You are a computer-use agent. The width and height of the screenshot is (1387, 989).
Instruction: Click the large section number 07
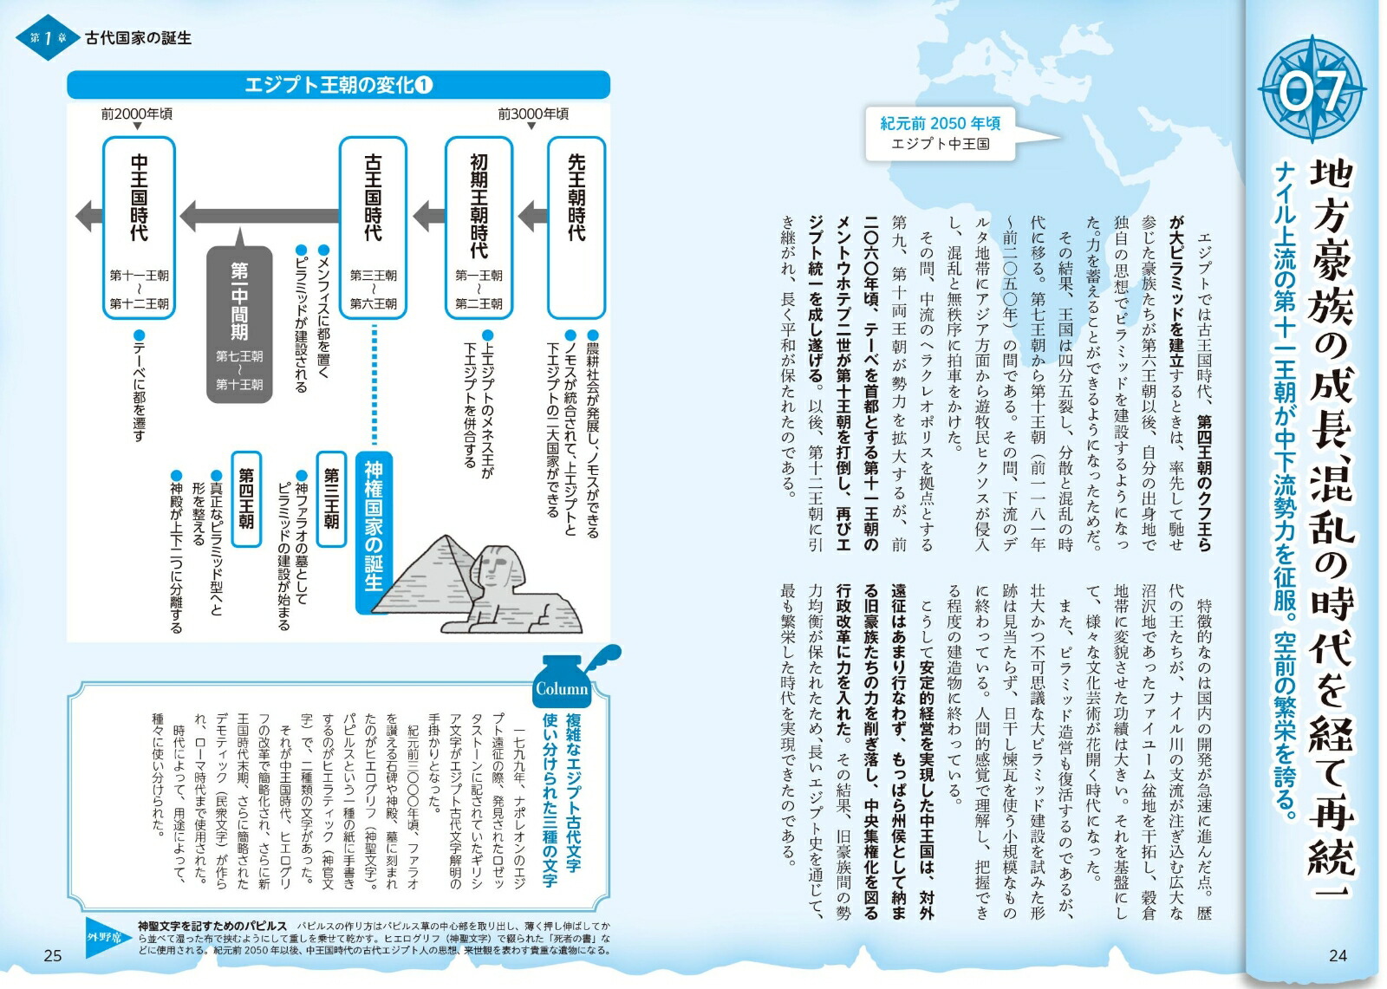pos(1312,89)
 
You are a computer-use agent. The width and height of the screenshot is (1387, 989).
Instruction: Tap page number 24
pos(1337,955)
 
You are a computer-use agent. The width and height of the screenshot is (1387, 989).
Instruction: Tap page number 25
pos(52,955)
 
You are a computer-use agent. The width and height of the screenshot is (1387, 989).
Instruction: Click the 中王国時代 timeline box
pos(139,227)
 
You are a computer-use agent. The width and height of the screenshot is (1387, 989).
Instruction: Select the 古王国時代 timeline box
pos(373,227)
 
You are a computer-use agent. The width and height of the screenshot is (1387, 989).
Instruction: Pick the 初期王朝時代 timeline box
pos(479,227)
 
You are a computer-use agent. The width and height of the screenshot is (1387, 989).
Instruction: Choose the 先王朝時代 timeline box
pos(576,227)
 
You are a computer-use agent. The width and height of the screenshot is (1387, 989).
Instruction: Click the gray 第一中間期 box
pos(239,325)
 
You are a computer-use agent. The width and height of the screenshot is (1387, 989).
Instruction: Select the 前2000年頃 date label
pos(136,114)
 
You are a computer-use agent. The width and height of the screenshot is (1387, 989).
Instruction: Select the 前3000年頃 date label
pos(533,114)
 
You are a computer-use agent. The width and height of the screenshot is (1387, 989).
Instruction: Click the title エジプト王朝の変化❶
pos(338,85)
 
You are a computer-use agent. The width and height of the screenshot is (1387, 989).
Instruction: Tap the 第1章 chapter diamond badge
pos(47,38)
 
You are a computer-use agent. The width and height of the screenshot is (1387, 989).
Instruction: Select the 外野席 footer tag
pos(109,939)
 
